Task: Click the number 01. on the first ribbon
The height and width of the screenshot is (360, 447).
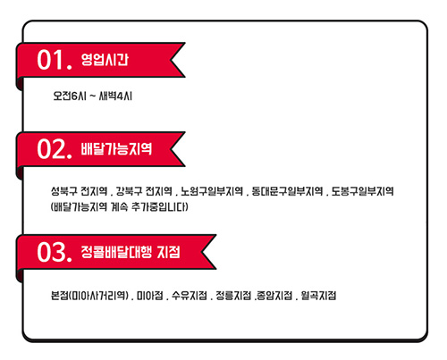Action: pos(55,60)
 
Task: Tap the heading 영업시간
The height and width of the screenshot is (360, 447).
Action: pos(105,60)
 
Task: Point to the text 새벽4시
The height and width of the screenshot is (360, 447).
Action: pos(115,96)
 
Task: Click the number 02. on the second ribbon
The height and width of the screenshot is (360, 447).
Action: pos(55,149)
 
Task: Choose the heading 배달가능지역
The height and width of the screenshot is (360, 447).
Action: pos(116,149)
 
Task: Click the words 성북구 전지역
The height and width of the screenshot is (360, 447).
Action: pos(79,191)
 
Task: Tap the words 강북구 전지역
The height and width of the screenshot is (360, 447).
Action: pos(144,191)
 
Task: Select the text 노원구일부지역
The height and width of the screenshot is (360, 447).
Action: pos(212,191)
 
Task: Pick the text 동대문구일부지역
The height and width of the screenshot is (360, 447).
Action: pos(287,191)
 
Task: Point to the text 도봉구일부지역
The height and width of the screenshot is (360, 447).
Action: pos(363,191)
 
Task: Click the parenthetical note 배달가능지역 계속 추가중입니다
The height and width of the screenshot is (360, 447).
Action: pos(120,206)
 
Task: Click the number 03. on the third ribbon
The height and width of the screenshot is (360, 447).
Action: pos(55,252)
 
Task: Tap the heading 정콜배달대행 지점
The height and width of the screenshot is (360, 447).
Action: pos(131,252)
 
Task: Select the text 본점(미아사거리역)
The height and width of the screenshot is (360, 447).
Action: pos(89,296)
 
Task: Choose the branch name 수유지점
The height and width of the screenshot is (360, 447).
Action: pos(190,296)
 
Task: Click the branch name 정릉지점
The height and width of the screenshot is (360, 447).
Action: pos(233,296)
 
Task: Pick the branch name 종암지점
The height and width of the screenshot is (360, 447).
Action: pos(274,296)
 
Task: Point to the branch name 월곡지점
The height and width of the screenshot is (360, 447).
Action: pos(318,296)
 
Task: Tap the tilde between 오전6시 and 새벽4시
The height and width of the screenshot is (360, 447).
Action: pos(93,96)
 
